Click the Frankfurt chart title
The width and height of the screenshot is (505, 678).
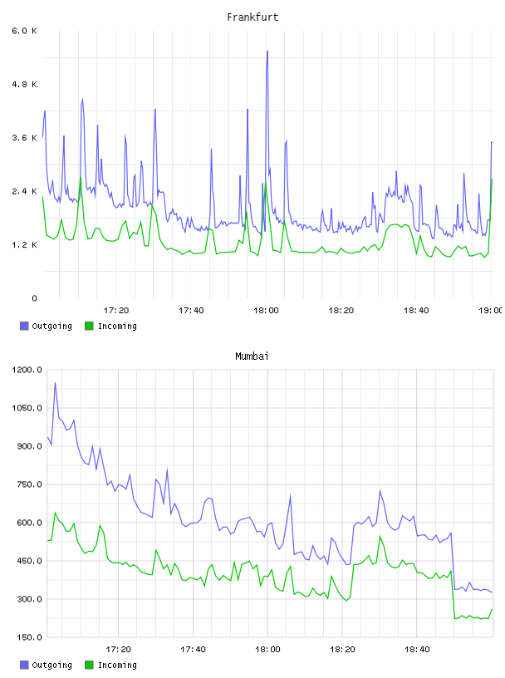(x=252, y=17)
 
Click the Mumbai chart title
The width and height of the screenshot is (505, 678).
(x=252, y=356)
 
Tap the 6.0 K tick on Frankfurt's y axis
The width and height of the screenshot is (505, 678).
(x=25, y=31)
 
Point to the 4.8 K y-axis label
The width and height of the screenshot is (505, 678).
(x=25, y=84)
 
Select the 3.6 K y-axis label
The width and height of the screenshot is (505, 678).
(x=25, y=138)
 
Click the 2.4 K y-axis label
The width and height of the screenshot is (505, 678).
(x=25, y=192)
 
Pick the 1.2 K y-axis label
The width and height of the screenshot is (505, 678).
(x=25, y=245)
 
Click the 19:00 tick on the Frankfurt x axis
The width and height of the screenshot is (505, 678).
(x=491, y=311)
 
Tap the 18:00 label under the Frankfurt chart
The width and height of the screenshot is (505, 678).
(x=267, y=311)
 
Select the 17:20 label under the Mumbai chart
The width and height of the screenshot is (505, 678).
(x=118, y=650)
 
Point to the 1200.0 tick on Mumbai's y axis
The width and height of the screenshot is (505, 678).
(x=27, y=370)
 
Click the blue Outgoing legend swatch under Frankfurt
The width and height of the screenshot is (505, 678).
(x=24, y=326)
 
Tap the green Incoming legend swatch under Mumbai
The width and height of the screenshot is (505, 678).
(x=89, y=665)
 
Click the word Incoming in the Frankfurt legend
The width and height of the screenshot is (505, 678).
(x=118, y=327)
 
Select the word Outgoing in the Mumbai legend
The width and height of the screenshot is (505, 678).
(x=51, y=666)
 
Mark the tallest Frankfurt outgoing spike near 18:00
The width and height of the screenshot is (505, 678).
(x=267, y=52)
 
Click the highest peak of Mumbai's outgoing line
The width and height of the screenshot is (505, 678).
(x=55, y=383)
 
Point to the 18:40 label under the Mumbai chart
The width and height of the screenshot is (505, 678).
(x=417, y=650)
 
